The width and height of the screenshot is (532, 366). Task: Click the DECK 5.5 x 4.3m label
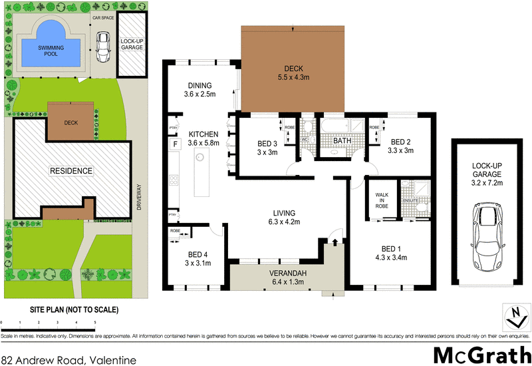[x=293, y=73]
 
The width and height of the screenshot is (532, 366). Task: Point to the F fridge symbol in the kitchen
[x=176, y=144]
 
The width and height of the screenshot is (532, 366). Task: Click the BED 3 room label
[x=267, y=147]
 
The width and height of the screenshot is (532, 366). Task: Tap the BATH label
[x=342, y=140]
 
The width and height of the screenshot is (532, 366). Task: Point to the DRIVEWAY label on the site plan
[x=140, y=198]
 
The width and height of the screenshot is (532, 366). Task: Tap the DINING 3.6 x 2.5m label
[x=199, y=90]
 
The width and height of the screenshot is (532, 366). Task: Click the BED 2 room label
[x=400, y=146]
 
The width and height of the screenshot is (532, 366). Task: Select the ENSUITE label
[x=410, y=200]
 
